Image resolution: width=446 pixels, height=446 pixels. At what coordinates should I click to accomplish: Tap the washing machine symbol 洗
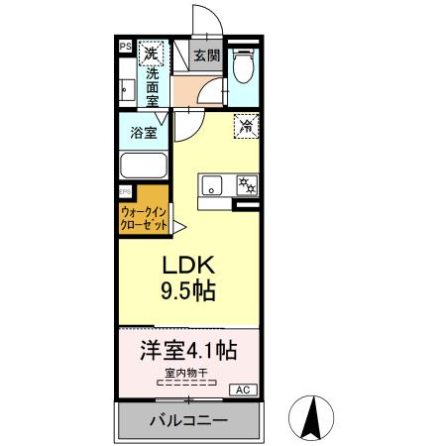(150, 53)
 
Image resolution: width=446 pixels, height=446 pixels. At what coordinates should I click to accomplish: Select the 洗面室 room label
(152, 86)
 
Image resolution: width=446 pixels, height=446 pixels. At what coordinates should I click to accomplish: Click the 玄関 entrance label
(206, 56)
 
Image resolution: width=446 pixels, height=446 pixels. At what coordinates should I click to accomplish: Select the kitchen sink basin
(213, 185)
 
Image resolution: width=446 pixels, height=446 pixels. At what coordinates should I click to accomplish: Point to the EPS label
(125, 191)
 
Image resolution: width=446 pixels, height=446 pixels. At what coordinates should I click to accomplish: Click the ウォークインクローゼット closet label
(147, 217)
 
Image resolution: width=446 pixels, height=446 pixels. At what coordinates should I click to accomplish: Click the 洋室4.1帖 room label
(185, 351)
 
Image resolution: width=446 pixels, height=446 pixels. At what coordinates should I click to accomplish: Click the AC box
(242, 390)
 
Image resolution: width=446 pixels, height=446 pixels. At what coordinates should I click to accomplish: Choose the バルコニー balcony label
(186, 420)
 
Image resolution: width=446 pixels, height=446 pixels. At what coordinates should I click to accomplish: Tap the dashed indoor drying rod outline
(186, 382)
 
